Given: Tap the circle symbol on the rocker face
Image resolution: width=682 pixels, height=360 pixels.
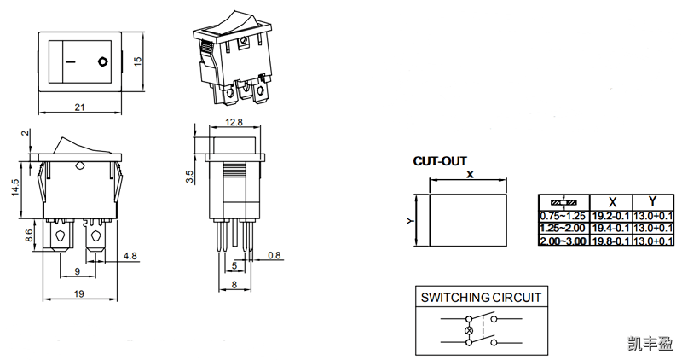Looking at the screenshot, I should [x=103, y=61].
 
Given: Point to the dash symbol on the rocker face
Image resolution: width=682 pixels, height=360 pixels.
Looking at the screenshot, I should [x=69, y=61].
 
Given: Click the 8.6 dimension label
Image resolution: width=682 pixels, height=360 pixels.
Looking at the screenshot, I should [x=30, y=236].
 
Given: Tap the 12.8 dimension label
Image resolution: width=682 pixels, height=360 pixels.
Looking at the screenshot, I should [x=234, y=122].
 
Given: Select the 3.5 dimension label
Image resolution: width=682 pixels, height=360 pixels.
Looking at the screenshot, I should [x=190, y=177].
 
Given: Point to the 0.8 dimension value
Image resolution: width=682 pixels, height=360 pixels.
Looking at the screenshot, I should [x=275, y=255].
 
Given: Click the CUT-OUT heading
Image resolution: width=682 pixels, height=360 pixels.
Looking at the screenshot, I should [x=440, y=160].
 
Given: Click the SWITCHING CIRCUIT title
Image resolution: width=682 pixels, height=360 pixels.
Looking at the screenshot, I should [x=481, y=298].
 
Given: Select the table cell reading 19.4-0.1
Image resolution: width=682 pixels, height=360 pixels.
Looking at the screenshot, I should [x=610, y=229].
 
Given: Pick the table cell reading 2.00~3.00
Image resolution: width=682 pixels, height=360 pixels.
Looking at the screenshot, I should [x=564, y=241].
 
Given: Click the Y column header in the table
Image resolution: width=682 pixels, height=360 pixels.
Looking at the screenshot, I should [x=652, y=202].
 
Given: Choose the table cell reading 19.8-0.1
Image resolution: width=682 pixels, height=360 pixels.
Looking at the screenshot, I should [x=610, y=241].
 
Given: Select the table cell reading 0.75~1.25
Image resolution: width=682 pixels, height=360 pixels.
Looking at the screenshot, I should [x=564, y=216].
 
